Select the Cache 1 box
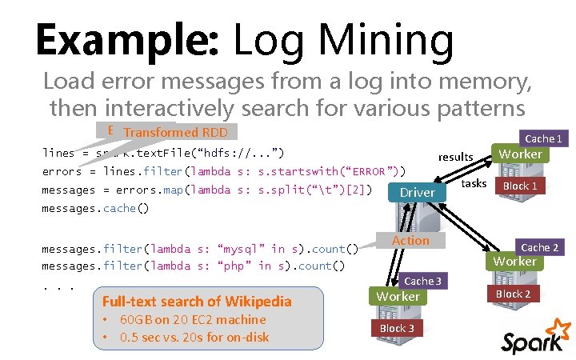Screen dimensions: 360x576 542,138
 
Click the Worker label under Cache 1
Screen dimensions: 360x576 520,154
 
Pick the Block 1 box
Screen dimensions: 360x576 519,186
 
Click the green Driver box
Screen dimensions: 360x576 418,192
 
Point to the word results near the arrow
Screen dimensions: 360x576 455,157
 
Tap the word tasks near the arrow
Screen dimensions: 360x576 474,183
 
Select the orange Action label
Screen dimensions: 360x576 411,240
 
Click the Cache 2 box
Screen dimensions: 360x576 540,247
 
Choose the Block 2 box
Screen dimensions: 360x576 513,294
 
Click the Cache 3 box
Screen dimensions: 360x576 422,281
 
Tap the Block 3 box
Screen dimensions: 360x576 397,328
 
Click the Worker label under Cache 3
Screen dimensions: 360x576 398,296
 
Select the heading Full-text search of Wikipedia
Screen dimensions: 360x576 197,302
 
